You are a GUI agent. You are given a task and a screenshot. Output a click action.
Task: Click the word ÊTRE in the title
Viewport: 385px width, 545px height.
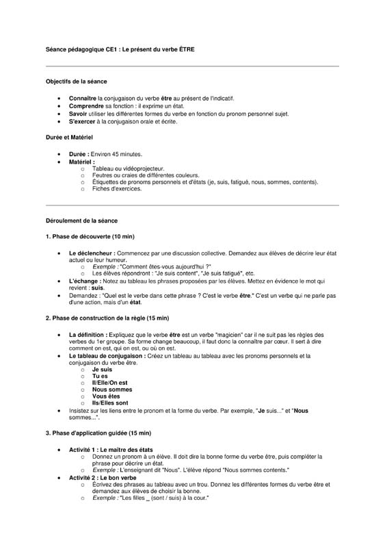point(185,50)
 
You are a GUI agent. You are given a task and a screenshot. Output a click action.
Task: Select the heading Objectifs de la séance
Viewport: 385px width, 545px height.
point(76,81)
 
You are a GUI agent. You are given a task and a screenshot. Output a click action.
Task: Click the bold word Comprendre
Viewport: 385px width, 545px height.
point(86,106)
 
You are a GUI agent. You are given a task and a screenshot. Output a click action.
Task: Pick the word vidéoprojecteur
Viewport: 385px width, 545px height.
point(143,168)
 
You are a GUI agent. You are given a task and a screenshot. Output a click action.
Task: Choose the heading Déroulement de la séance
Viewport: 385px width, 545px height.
point(81,221)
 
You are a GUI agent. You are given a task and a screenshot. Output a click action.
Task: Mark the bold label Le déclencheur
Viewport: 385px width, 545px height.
point(92,253)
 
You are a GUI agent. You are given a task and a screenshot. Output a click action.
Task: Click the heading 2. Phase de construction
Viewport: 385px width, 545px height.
point(107,318)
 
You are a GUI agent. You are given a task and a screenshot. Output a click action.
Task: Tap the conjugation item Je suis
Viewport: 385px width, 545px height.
point(102,369)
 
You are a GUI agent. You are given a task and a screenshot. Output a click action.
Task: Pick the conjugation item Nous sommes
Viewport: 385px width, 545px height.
point(112,390)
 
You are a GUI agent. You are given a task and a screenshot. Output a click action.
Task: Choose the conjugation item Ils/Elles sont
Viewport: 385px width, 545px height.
point(110,403)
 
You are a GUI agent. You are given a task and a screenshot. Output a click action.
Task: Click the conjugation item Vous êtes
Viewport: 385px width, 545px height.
point(105,396)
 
